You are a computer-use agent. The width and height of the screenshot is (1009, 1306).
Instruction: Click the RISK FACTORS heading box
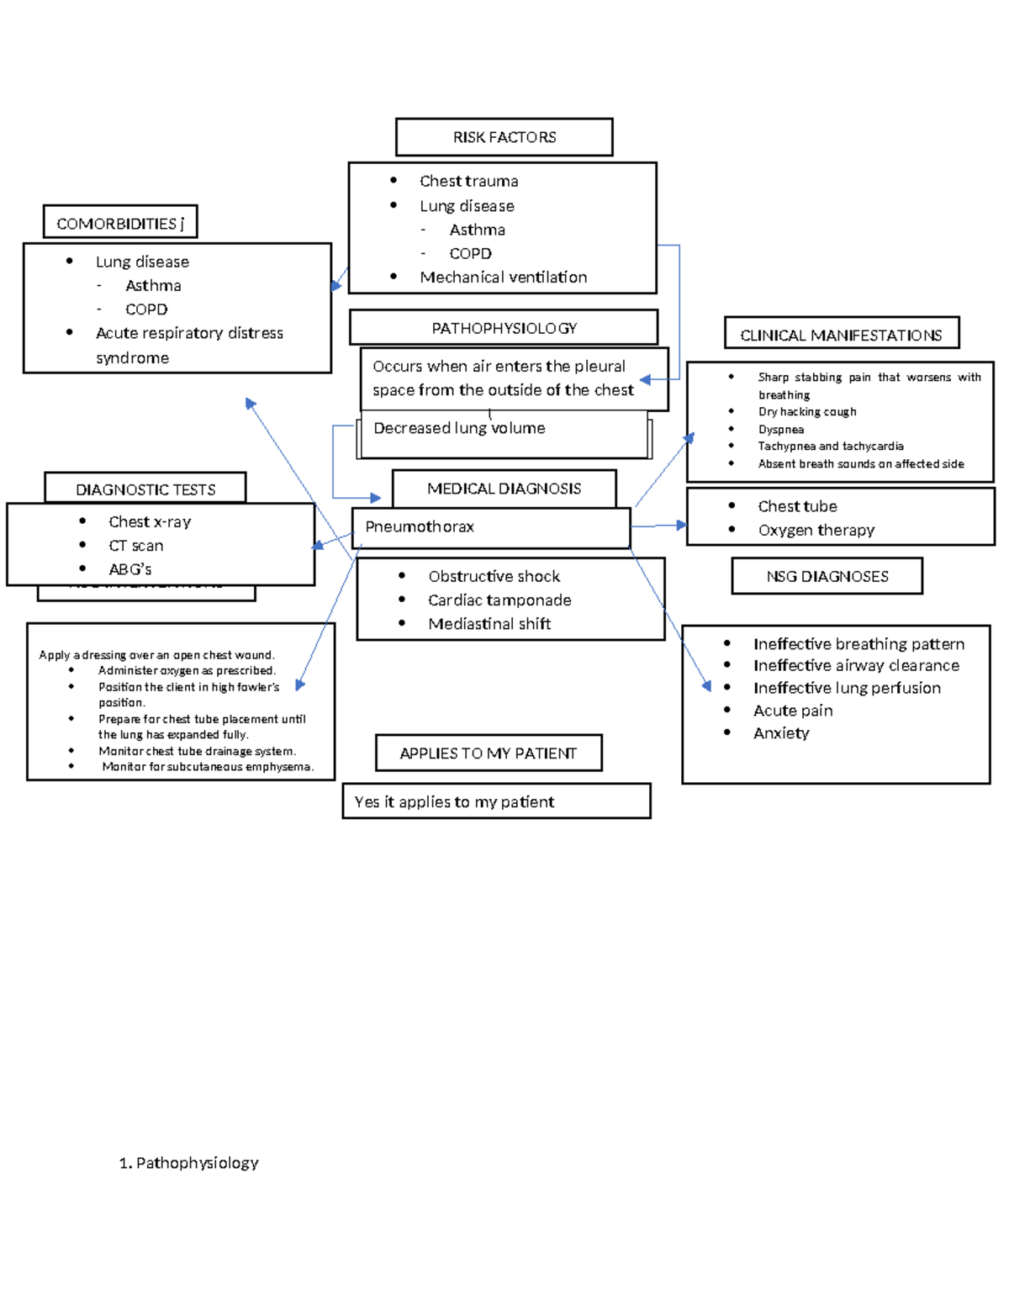coord(504,137)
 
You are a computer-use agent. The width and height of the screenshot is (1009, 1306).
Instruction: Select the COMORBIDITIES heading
coord(120,224)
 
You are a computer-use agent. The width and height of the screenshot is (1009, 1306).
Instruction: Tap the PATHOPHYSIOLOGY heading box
coord(504,328)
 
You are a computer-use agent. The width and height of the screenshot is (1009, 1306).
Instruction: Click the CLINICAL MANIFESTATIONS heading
coord(841,335)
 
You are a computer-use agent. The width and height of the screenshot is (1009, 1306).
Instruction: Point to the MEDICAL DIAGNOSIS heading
coord(504,489)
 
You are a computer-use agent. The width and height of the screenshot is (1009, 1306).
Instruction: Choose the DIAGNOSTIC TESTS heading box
coord(145,489)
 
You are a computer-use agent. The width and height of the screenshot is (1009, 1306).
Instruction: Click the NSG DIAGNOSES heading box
coord(827,576)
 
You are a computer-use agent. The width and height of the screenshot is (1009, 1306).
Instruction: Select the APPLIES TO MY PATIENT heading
coord(489,753)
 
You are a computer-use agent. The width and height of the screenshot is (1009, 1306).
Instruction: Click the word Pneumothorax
coord(420,526)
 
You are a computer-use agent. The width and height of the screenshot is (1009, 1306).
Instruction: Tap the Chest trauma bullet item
coord(468,181)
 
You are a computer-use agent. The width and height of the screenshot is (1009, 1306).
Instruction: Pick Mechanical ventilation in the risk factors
coord(503,277)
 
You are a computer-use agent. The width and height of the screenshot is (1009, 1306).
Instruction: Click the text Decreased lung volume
coord(459,428)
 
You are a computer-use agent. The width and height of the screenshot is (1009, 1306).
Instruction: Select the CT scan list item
coord(136,545)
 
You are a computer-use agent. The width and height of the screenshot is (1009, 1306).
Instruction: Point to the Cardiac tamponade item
coord(499,600)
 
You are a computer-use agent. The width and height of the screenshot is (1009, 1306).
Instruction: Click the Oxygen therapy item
coord(816,530)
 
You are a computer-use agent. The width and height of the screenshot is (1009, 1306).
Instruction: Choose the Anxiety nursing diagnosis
coord(781,732)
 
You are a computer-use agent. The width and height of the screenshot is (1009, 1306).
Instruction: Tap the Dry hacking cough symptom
coord(807,411)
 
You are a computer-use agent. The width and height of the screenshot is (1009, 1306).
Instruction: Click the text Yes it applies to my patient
coord(454,801)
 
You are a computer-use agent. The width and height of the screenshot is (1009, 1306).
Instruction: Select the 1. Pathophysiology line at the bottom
coord(189,1162)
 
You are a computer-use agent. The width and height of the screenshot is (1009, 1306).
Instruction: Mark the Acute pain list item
coord(793,711)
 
